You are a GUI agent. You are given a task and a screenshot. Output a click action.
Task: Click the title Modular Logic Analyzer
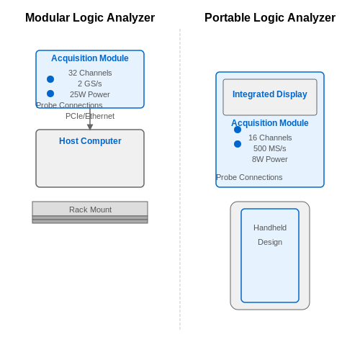coord(90,18)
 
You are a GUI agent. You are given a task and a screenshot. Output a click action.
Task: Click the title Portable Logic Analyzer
coord(270,18)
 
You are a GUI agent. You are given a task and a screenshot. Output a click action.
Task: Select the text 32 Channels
coord(90,73)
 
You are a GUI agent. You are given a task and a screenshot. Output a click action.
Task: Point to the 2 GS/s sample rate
coord(90,84)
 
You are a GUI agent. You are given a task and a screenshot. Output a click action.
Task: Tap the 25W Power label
coord(90,94)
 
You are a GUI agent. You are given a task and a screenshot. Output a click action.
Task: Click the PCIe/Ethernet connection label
coord(90,116)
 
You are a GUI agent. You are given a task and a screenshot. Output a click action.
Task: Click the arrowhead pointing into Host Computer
coord(90,127)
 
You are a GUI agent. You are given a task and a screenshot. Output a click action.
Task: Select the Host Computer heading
coord(90,141)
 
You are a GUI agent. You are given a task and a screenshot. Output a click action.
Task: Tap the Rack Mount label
coord(90,210)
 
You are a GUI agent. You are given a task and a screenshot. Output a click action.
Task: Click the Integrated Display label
coord(270,94)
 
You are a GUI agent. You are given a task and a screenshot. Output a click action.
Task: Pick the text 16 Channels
coord(270,138)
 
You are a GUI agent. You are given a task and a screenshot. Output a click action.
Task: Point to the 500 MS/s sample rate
coord(270,148)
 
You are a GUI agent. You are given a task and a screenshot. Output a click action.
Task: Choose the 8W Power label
coord(270,159)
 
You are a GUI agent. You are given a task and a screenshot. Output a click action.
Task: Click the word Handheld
coord(270,228)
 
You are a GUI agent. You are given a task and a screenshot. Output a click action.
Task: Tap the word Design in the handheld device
coord(270,242)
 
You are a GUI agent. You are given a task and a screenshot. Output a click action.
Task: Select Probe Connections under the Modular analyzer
coord(69,105)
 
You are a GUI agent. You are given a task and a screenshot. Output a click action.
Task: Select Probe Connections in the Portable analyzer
coord(249,177)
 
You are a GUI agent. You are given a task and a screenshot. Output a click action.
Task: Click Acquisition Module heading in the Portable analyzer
coord(270,123)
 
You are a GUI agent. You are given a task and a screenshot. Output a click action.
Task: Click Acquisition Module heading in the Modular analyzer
coord(90,58)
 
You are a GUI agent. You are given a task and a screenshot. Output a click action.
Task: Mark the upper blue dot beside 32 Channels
coord(50,79)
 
